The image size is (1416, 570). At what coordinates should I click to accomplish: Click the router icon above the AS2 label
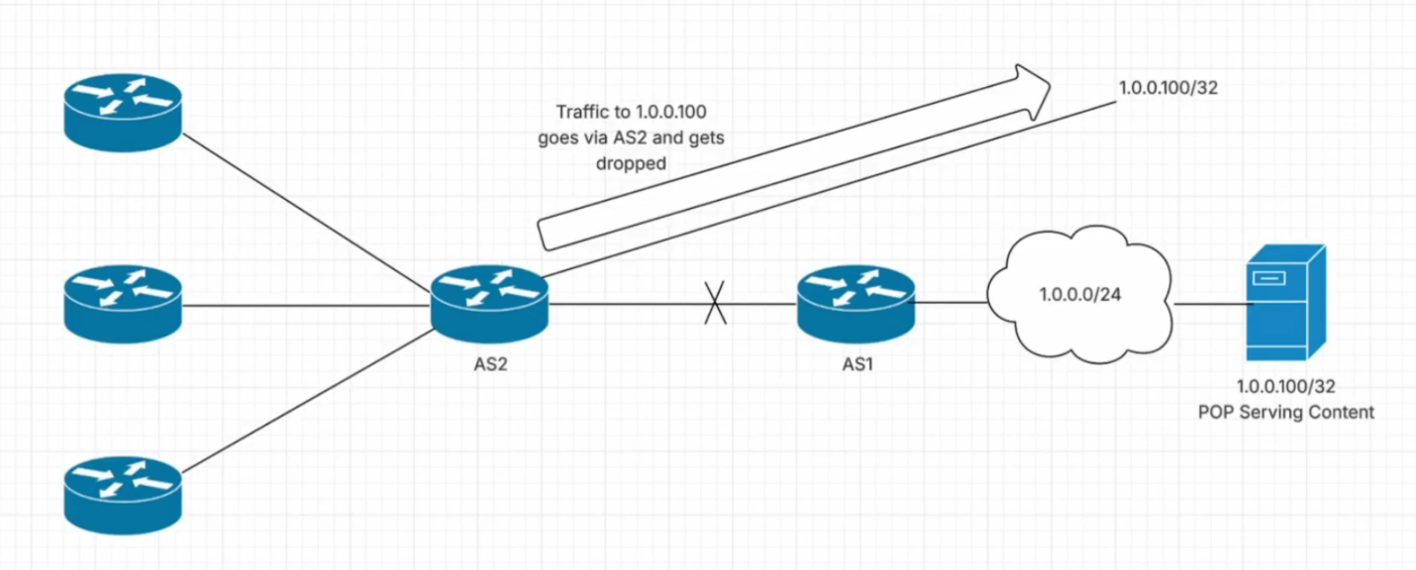(489, 297)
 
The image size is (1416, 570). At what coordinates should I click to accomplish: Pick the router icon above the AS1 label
(855, 297)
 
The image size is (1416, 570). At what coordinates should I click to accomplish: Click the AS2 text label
(490, 363)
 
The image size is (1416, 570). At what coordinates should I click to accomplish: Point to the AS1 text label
(855, 363)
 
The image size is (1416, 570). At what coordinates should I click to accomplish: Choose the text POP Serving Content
(1285, 412)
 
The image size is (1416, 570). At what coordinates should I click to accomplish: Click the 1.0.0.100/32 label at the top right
(1168, 88)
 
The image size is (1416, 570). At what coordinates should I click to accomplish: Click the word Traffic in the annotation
(578, 112)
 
